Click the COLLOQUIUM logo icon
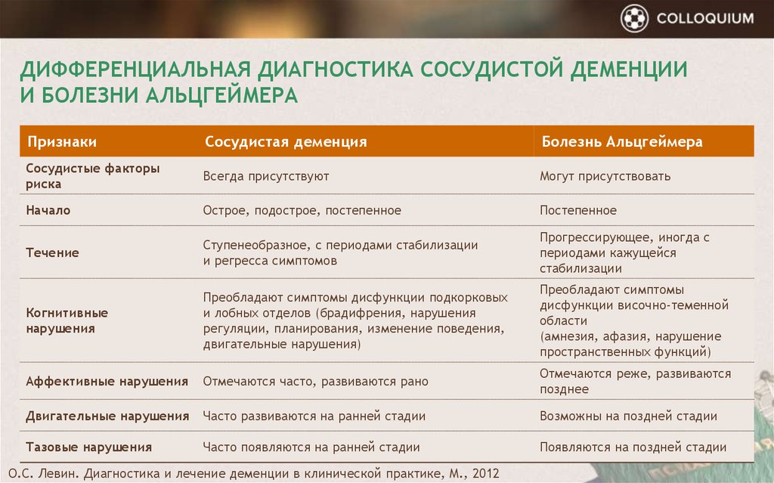pyautogui.click(x=634, y=18)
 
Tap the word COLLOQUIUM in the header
pyautogui.click(x=705, y=19)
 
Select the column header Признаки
pyautogui.click(x=62, y=142)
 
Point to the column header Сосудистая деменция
pyautogui.click(x=286, y=142)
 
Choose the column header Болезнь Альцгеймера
pyautogui.click(x=622, y=142)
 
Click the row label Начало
pyautogui.click(x=48, y=210)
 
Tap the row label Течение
pyautogui.click(x=52, y=253)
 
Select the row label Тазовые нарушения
pyautogui.click(x=89, y=447)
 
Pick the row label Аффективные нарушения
pyautogui.click(x=107, y=381)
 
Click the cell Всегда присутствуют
pyautogui.click(x=266, y=176)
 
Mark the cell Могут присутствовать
pyautogui.click(x=605, y=176)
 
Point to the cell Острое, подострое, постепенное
pyautogui.click(x=302, y=210)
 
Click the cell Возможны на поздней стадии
pyautogui.click(x=628, y=416)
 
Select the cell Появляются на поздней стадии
pyautogui.click(x=633, y=447)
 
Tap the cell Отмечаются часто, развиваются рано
pyautogui.click(x=315, y=381)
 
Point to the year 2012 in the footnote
pyautogui.click(x=486, y=474)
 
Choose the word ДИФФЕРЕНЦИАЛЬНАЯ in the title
pyautogui.click(x=136, y=69)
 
